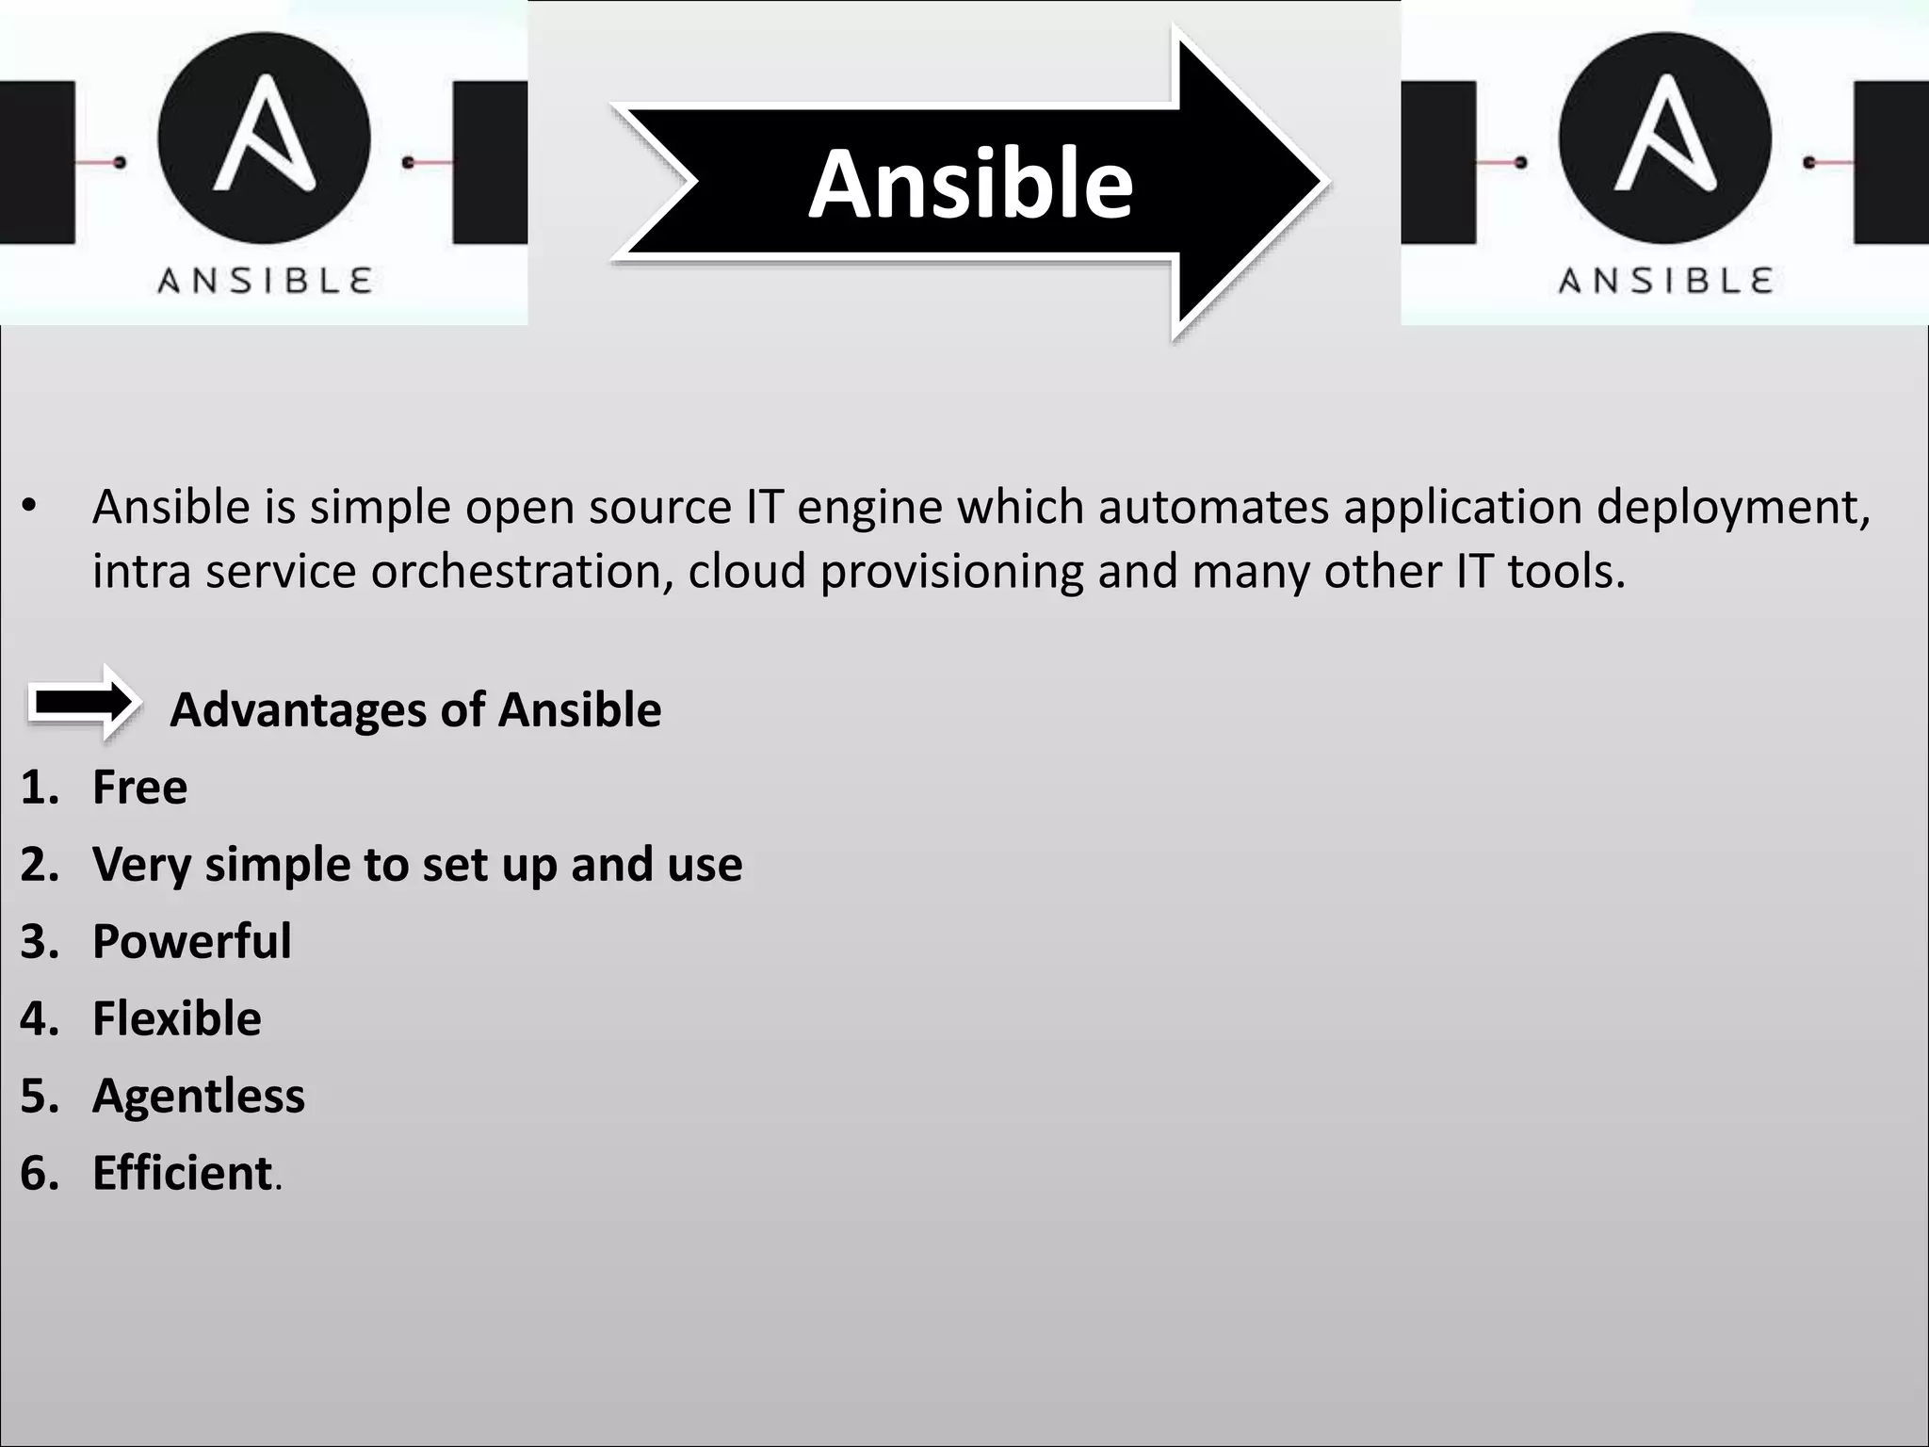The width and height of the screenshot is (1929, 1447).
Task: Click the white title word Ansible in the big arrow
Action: (970, 184)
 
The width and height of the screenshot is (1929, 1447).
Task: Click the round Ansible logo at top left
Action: (264, 139)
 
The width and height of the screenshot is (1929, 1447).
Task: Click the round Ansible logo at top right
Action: (1665, 139)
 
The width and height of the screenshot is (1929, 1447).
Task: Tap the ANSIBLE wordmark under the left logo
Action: (265, 281)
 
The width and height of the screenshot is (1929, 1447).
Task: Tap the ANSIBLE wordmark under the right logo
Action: (1665, 281)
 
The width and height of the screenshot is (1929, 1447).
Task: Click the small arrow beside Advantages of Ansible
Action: (84, 703)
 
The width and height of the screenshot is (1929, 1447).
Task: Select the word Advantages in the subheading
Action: (298, 709)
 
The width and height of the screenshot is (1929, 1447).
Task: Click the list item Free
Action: (139, 787)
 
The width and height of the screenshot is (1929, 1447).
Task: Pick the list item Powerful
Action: (192, 941)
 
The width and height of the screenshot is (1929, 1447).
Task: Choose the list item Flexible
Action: (177, 1018)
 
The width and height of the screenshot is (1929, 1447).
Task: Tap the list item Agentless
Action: (199, 1096)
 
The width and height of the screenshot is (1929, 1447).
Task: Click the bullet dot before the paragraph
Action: (30, 507)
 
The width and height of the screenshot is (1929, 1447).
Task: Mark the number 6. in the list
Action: (40, 1173)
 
